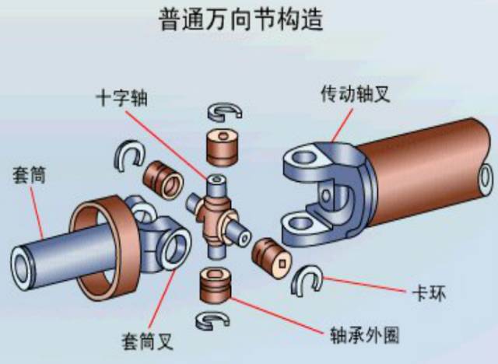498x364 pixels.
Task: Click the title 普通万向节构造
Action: click(248, 19)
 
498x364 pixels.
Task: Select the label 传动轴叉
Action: click(354, 93)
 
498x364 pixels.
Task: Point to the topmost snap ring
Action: click(224, 110)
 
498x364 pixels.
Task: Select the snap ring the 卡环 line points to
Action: click(307, 280)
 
